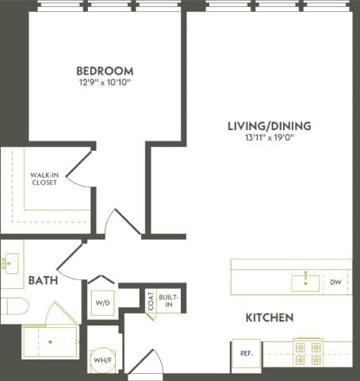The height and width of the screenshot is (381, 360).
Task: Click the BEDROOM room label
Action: (105, 70)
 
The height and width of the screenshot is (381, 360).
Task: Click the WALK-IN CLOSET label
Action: (44, 179)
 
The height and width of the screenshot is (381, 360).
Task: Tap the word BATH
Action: (42, 280)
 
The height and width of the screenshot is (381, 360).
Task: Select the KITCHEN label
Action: (269, 317)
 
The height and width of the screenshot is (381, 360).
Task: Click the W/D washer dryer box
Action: (102, 302)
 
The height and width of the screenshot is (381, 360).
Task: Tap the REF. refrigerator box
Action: (242, 353)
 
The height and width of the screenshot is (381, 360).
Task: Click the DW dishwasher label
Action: (335, 281)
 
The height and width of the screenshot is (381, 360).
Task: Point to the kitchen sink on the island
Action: (305, 280)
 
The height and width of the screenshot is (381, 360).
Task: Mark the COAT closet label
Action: (150, 300)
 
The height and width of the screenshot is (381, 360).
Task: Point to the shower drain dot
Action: (50, 341)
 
